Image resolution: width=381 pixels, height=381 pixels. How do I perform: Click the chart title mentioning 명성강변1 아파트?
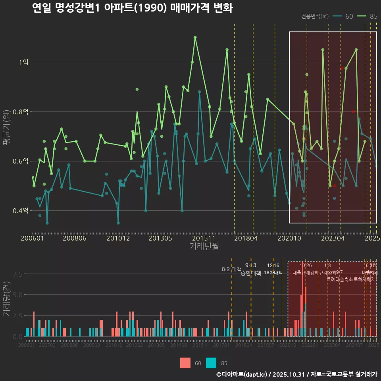132,8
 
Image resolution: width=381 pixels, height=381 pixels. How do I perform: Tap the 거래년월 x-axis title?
204,246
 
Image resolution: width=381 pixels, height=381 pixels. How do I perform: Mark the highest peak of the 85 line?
195,37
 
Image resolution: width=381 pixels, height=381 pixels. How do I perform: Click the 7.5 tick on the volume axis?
17,274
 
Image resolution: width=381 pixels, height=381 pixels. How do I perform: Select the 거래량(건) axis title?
7,299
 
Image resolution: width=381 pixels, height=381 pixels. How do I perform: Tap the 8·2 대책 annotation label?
231,269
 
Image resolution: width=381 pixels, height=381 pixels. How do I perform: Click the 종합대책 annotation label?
251,273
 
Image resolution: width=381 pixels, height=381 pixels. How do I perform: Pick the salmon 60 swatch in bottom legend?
185,363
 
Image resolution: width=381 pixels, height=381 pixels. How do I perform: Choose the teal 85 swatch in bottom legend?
212,363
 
